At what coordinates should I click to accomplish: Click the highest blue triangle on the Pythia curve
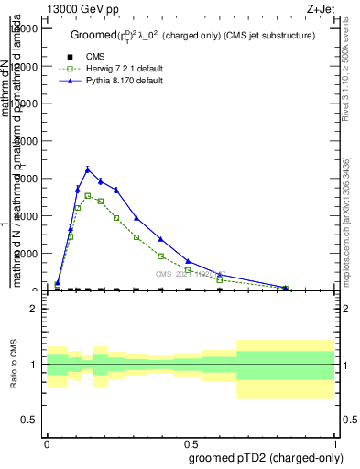tap(88, 169)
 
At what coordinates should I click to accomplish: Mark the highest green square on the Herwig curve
tap(88, 196)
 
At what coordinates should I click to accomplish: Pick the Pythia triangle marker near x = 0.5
tap(188, 261)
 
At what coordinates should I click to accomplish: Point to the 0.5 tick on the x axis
tap(191, 442)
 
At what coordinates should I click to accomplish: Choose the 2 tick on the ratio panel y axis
tap(34, 309)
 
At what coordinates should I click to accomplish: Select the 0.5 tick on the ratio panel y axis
tap(30, 420)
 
